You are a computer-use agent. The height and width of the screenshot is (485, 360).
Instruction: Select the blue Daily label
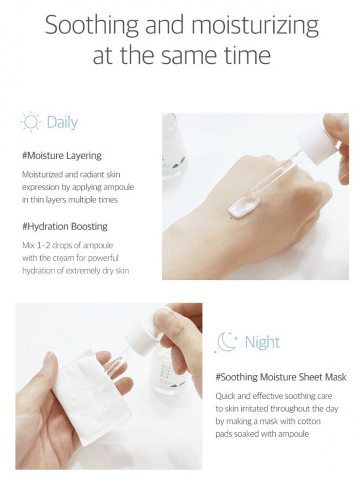[x=62, y=123]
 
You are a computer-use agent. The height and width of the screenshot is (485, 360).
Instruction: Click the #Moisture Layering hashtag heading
[x=62, y=156]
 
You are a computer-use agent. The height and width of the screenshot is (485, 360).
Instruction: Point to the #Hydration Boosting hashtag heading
[x=65, y=226]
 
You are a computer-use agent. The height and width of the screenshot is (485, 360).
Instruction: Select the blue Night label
[x=262, y=342]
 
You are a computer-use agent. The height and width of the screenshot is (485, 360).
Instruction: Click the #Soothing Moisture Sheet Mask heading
[x=281, y=377]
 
